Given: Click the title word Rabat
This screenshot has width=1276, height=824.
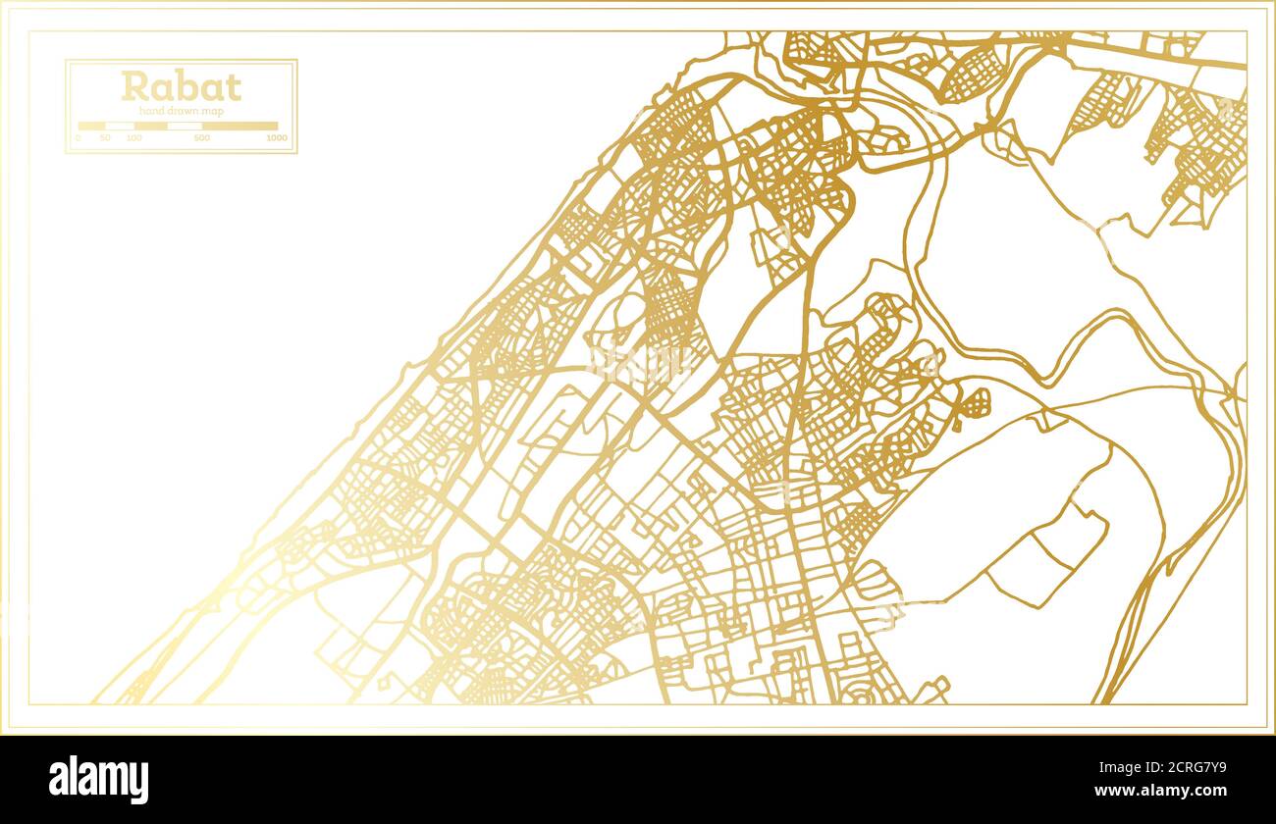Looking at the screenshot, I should pos(181,86).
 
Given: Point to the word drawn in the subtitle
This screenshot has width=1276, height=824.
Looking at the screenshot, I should pos(183,111).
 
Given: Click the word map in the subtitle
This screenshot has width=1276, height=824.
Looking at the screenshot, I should pos(213,111).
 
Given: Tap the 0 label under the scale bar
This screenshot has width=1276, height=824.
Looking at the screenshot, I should pos(79,138).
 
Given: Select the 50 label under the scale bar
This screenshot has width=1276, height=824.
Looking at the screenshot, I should pos(105,138).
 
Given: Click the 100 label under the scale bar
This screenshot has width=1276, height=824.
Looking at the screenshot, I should pos(133,138).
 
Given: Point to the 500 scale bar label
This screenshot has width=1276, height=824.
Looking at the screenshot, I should pos(201,138).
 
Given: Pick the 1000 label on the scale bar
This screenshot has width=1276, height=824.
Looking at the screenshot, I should pos(277,138).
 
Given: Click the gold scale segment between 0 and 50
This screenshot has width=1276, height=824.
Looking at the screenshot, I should pos(91,126).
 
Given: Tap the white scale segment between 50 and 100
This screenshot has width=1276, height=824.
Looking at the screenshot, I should pos(120,126).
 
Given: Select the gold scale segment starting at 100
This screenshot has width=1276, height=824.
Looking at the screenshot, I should pos(150,126).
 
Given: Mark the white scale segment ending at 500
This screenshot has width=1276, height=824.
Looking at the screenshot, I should pos(185,126).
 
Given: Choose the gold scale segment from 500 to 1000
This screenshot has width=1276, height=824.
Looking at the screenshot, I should pos(239,126).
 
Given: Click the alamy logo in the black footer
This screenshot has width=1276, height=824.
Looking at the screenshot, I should pos(98,780).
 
